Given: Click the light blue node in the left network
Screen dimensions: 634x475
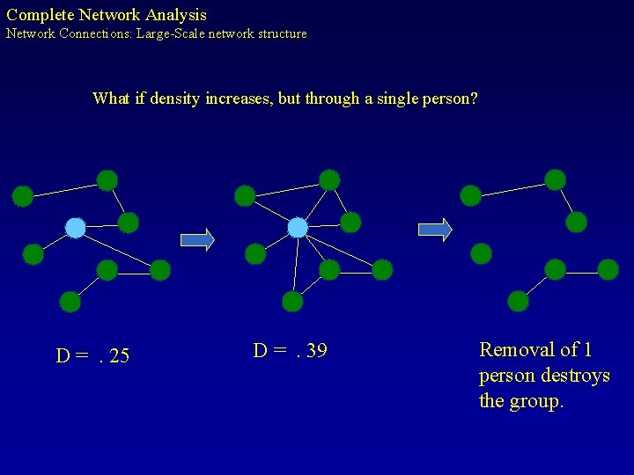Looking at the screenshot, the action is [76, 228].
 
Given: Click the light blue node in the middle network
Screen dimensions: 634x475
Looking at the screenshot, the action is [299, 228].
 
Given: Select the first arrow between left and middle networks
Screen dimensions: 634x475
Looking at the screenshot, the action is [197, 239].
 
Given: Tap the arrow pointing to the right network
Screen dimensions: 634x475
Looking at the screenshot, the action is [434, 230].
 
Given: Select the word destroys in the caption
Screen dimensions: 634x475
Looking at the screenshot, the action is [576, 376].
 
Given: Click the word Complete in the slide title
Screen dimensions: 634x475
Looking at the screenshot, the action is [41, 15].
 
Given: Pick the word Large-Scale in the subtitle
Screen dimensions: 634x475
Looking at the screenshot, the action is [171, 34].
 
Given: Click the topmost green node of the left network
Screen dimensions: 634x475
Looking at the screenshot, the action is [107, 180].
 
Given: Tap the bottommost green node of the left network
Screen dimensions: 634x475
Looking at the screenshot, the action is [70, 302].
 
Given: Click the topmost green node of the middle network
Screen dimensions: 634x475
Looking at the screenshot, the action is [329, 179].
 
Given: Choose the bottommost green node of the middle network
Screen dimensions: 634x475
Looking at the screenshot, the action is [292, 302].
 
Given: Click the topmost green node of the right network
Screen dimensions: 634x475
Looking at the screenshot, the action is [555, 179].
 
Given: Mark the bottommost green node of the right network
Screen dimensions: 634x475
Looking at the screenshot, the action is [519, 302].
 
